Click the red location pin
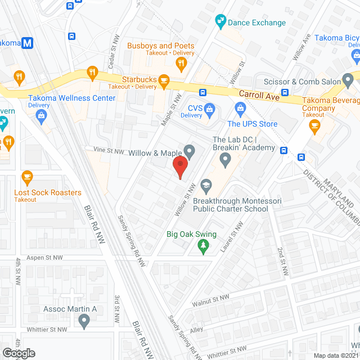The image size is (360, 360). coord(179,167)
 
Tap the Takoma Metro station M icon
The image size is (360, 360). coord(26,43)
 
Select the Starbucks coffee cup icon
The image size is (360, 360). coord(164,82)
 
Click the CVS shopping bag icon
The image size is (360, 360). coord(210,107)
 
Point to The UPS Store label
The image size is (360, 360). coord(252,124)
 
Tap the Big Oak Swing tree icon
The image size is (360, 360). coord(204,246)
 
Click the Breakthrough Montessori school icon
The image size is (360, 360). coord(206,185)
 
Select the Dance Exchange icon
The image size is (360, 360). coord(220,22)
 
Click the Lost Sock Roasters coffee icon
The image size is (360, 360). coord(26,177)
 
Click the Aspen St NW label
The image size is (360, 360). coord(46,257)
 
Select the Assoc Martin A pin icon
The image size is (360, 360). coord(84,322)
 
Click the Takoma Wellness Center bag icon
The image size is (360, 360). coord(41,115)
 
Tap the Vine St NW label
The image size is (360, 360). coord(109,151)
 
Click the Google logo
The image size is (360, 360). coord(19,353)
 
